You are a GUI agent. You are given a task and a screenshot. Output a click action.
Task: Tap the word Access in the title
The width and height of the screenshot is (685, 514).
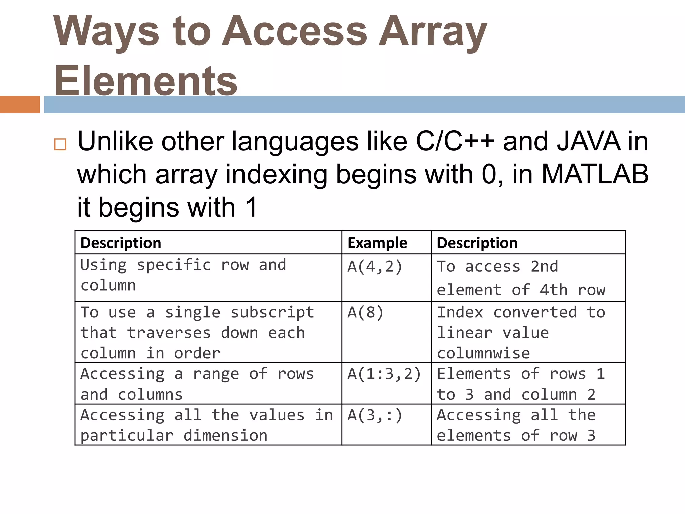(295, 31)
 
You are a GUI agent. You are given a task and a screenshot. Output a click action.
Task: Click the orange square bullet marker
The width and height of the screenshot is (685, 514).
(60, 144)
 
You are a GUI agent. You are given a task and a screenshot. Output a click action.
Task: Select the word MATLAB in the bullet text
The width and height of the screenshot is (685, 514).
(595, 174)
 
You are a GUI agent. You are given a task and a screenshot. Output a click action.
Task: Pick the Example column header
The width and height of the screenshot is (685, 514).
(377, 243)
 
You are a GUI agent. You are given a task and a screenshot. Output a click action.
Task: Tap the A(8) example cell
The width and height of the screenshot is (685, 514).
(365, 312)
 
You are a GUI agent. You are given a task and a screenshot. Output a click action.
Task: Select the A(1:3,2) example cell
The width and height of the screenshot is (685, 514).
(384, 374)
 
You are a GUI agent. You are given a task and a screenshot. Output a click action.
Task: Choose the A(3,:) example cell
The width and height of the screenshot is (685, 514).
(375, 415)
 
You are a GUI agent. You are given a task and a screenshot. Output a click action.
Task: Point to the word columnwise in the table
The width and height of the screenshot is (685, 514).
(483, 353)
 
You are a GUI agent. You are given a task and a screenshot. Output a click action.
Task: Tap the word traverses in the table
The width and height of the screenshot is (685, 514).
(169, 333)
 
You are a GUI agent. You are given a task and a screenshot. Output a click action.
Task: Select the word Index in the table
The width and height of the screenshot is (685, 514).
(460, 312)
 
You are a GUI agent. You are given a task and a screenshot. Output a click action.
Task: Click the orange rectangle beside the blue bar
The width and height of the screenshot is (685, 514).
(20, 104)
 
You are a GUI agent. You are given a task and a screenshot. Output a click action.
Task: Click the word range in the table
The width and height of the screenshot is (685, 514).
(216, 374)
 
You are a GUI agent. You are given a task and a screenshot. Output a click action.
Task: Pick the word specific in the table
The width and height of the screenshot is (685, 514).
(174, 265)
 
